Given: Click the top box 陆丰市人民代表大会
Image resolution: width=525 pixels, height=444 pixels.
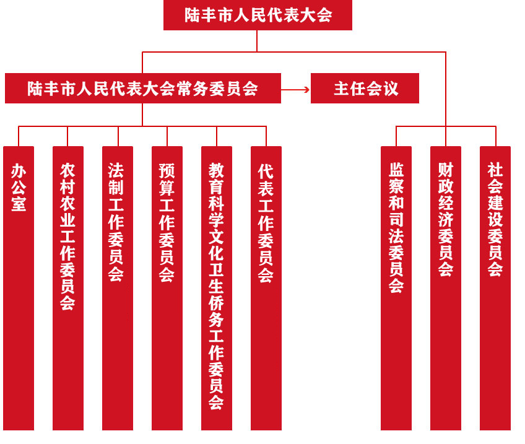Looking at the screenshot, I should pos(258,15).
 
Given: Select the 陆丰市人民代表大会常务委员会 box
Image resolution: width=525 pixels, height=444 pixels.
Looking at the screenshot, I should pos(142,88).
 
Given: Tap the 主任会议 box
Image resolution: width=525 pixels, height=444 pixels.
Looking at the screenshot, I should pos(365,88).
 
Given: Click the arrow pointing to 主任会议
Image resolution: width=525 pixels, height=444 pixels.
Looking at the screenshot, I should pos(296,89).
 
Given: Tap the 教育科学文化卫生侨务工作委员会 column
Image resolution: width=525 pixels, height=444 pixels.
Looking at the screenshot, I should pos(217,421).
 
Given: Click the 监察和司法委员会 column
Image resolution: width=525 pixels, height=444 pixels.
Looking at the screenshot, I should pos(396,347).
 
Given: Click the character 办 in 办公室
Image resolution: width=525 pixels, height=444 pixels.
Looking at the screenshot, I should pos(19,170).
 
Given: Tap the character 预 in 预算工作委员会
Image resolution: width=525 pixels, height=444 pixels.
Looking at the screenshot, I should pos(167,170).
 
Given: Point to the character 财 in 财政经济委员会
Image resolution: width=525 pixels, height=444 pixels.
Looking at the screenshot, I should pos(446,170).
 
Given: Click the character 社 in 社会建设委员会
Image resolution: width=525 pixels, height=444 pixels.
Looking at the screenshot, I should pos(495,170).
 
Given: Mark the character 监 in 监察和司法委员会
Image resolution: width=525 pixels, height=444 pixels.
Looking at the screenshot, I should pos(396,170).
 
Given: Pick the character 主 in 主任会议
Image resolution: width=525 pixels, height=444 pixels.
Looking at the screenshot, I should pos(342,89).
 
